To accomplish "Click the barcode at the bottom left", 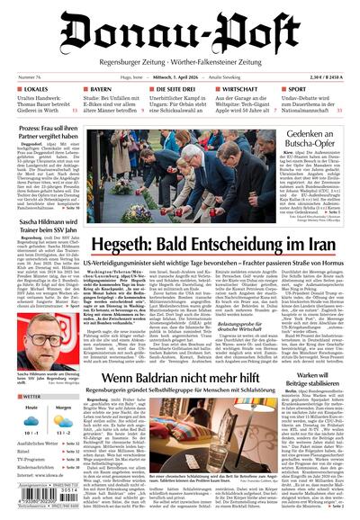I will [40, 502].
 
